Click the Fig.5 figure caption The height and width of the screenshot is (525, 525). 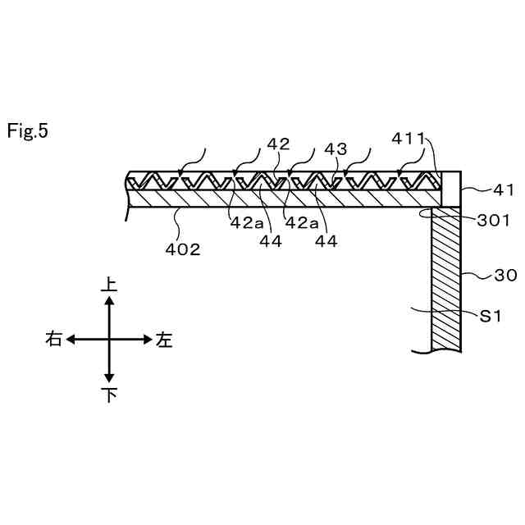[x=28, y=130]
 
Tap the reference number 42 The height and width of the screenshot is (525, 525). [x=279, y=144]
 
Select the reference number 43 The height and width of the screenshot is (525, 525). [x=335, y=149]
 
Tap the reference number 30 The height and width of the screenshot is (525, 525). [x=505, y=276]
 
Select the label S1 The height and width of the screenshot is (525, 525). [x=490, y=315]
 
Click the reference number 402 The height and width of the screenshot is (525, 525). [x=183, y=249]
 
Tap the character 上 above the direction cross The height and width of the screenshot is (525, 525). [x=108, y=285]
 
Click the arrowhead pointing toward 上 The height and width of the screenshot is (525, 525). [x=109, y=301]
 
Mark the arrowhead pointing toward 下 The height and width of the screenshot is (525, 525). [x=109, y=378]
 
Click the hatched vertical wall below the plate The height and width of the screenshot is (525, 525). [x=447, y=279]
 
